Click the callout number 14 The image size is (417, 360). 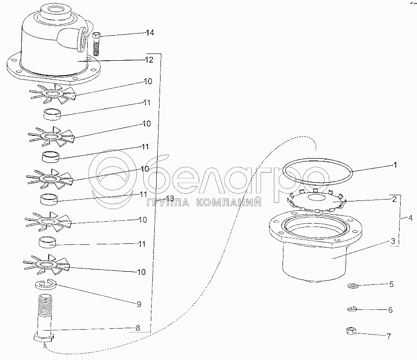pos(149,33)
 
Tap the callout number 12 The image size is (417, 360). pos(149,60)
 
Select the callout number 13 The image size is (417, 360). pos(169,198)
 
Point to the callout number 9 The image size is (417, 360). pos(139,304)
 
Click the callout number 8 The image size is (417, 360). pos(137,328)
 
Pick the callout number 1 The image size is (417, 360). pos(395,165)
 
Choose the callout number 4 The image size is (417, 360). pos(410,218)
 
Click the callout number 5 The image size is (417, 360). pos(391,284)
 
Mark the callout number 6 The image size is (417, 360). pos(390,310)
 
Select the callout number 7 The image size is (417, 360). pos(389,336)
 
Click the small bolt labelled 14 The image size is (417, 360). pos(96,43)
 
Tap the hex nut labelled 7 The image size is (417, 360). pos(350,331)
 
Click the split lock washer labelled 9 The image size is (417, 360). pos(45,285)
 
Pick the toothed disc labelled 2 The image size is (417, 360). pos(316,200)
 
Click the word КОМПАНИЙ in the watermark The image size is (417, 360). pos(229,203)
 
